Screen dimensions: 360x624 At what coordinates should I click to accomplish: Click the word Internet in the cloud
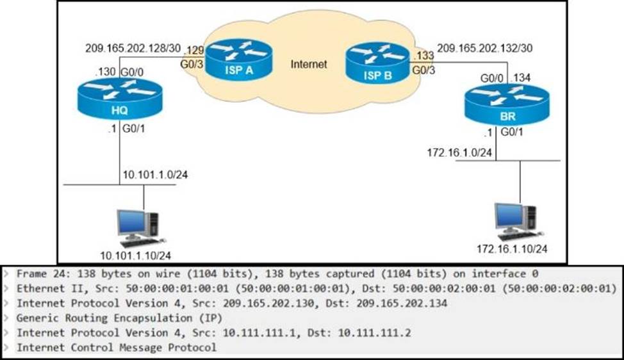(x=309, y=64)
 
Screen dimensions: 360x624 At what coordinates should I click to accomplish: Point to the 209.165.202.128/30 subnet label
(x=133, y=48)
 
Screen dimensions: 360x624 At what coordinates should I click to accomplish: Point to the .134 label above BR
(x=523, y=78)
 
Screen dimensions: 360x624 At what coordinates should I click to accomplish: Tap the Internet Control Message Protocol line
(x=116, y=348)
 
